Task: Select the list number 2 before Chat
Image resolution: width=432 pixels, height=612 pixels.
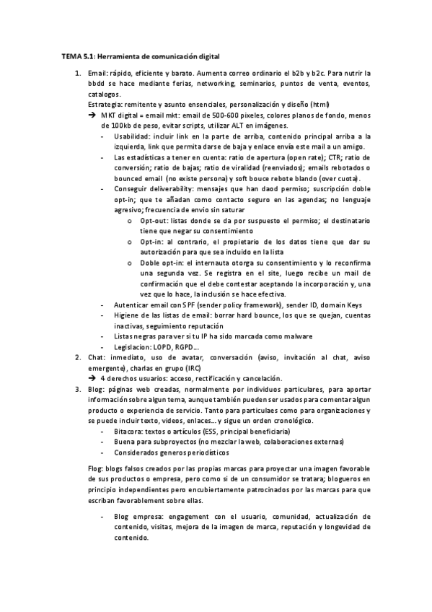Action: pos(78,358)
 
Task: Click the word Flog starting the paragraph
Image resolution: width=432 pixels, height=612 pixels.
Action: pos(94,469)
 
